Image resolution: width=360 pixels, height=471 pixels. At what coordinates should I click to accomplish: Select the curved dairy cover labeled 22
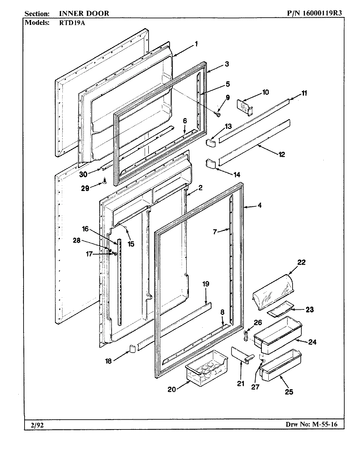point(274,292)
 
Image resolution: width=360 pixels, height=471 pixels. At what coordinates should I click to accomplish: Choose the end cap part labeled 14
point(210,164)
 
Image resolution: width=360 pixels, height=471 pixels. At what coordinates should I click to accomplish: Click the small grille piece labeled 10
point(244,107)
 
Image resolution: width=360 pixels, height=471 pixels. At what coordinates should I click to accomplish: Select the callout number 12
point(281,154)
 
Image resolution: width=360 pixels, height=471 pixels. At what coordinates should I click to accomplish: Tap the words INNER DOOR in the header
point(84,13)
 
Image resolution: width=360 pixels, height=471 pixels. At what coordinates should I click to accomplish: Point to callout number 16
point(85,229)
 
